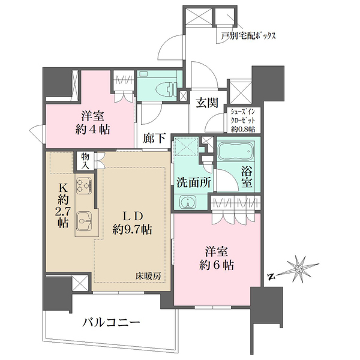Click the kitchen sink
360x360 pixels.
click(x=83, y=224)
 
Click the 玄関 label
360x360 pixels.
click(x=208, y=101)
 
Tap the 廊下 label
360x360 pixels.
click(x=155, y=139)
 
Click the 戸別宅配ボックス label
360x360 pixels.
click(x=248, y=36)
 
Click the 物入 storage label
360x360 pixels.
click(x=86, y=160)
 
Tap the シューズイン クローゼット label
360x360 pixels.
click(x=241, y=118)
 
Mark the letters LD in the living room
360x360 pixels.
click(x=133, y=214)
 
